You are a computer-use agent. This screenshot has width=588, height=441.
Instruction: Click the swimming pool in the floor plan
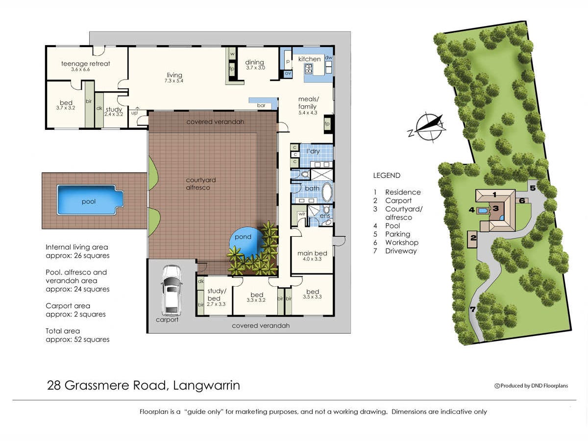click(90, 200)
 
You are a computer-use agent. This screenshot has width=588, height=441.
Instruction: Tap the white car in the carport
click(171, 291)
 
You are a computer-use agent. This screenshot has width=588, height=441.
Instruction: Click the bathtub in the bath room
click(326, 192)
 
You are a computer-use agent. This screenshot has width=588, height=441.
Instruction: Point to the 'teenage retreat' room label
click(85, 64)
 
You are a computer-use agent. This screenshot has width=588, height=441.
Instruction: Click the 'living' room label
click(174, 75)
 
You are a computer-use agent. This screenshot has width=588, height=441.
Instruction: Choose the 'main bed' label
click(312, 253)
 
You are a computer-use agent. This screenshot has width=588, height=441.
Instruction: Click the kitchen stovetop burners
click(309, 69)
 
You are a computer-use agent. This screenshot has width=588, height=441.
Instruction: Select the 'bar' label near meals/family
click(261, 105)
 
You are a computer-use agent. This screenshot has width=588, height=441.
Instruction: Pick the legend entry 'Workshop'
click(401, 243)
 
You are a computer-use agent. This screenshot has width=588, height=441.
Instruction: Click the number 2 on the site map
click(473, 237)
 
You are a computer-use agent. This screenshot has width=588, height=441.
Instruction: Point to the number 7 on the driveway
click(472, 309)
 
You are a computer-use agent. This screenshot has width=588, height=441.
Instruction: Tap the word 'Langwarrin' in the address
click(207, 386)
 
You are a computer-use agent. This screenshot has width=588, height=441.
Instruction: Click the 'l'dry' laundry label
click(313, 151)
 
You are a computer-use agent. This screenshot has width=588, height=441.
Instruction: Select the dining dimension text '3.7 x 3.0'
click(256, 68)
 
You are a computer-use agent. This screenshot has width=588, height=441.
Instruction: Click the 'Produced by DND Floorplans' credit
click(531, 386)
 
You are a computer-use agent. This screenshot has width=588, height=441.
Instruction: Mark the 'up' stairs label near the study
click(134, 113)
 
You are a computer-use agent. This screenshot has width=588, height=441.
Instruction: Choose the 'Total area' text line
click(63, 331)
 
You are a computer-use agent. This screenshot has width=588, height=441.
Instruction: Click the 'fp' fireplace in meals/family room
click(327, 123)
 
